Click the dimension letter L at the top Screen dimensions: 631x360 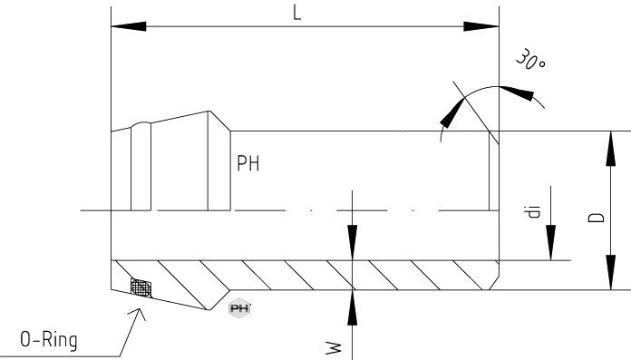(297, 13)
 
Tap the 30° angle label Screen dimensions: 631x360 (530, 60)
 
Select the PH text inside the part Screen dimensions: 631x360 (248, 163)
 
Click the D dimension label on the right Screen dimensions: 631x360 (597, 218)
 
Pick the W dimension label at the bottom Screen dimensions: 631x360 (334, 348)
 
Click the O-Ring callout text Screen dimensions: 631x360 (49, 339)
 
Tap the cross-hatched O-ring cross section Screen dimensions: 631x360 (141, 287)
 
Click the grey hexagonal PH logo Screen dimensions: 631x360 (239, 308)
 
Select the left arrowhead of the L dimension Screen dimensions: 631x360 (129, 26)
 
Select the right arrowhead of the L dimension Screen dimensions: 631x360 (481, 26)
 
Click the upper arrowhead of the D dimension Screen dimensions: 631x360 (610, 148)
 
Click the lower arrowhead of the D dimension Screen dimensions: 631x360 (610, 272)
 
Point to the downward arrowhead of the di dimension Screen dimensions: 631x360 (551, 243)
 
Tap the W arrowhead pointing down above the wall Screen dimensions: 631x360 (352, 243)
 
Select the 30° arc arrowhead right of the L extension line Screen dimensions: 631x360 (517, 92)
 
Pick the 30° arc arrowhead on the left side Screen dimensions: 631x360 (452, 113)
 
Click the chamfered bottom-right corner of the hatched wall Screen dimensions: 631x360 (494, 283)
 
